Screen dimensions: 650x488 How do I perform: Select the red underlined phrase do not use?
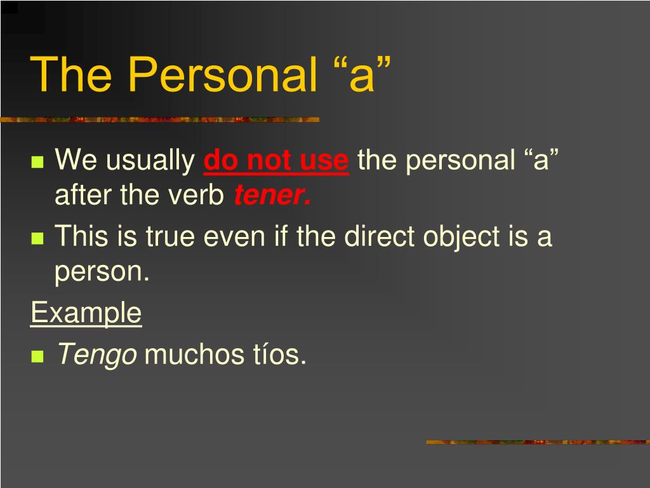click(276, 161)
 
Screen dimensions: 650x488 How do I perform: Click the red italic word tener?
click(272, 194)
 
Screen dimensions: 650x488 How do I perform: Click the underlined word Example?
click(86, 313)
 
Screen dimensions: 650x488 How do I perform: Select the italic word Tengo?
click(97, 355)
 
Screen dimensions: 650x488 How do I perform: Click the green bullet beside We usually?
click(37, 161)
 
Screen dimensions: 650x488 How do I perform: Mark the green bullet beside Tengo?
click(37, 356)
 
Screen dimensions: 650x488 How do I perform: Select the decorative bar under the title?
click(159, 120)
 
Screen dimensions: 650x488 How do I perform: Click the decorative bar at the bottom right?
click(538, 442)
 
